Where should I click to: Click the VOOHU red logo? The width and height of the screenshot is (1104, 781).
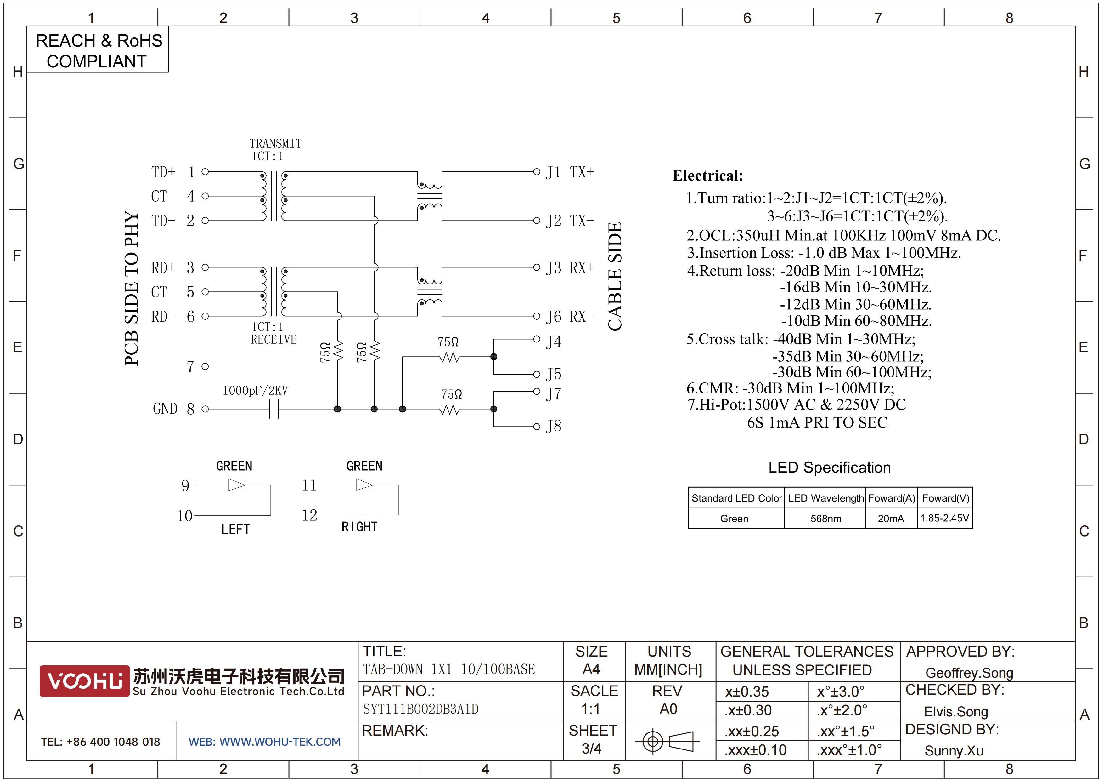(x=84, y=681)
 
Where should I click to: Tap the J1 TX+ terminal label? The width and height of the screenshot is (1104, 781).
(x=570, y=172)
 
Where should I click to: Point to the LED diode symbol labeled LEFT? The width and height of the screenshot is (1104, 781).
(x=237, y=485)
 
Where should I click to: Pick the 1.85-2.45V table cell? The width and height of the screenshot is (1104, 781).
(x=944, y=518)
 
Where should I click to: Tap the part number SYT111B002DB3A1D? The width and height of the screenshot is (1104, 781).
(x=421, y=709)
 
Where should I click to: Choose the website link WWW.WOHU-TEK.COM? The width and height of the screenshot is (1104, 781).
(x=280, y=742)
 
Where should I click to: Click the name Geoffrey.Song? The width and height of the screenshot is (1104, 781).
(x=969, y=673)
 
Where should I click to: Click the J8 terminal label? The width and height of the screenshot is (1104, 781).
(x=554, y=426)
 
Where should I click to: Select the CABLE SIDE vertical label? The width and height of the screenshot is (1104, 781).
(x=615, y=276)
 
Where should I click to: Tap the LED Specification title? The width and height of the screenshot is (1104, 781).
(x=830, y=467)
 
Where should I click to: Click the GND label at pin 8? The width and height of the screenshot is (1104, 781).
(x=165, y=409)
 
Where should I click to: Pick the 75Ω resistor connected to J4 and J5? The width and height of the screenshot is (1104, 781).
(x=450, y=357)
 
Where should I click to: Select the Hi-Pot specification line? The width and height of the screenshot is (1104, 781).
(x=796, y=405)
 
